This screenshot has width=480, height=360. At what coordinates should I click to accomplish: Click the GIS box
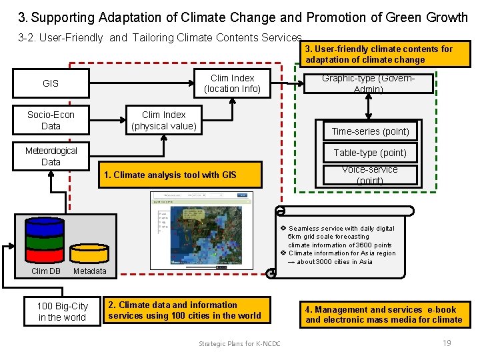tap(51, 83)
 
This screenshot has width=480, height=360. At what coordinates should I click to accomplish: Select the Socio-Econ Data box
tap(51, 121)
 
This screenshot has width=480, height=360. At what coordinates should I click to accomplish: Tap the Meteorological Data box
tap(51, 156)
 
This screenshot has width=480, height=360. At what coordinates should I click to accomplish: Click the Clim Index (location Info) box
tap(232, 83)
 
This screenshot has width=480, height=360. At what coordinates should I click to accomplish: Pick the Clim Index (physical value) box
tap(164, 121)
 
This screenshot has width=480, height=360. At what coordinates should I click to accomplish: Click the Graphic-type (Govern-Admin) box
tap(369, 84)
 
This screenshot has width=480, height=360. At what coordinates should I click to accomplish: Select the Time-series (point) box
tap(370, 131)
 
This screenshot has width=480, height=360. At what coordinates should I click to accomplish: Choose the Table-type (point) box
tap(370, 153)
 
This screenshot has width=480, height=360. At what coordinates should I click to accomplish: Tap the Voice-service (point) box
tap(370, 175)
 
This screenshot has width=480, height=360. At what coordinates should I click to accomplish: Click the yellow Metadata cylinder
tap(89, 250)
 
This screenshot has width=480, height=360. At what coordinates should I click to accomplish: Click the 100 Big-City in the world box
tap(62, 311)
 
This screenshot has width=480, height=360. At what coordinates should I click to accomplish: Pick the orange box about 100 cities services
tap(187, 310)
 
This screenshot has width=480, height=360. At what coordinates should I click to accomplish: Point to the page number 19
tap(447, 343)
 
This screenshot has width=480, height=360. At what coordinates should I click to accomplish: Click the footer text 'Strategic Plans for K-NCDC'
tap(239, 343)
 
